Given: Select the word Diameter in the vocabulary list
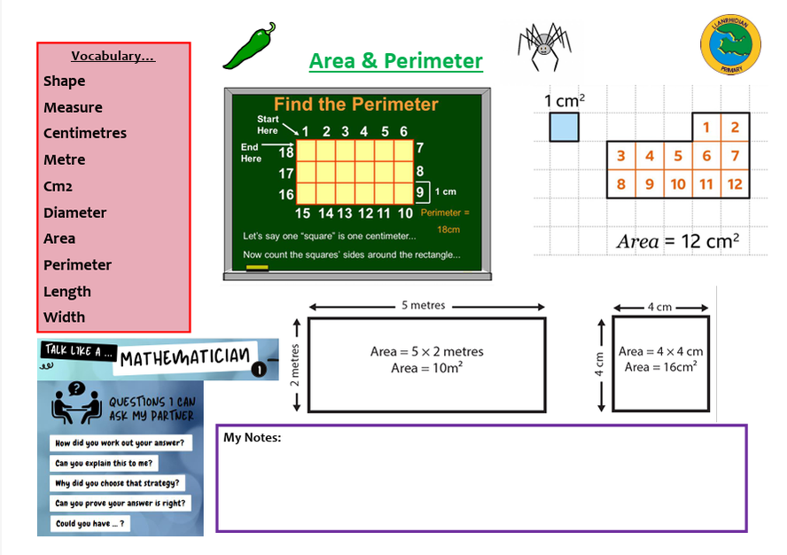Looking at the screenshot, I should (x=74, y=213).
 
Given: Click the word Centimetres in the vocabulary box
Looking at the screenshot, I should (x=85, y=133).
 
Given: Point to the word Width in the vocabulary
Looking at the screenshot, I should (x=65, y=317).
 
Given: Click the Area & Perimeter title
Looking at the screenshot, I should (x=395, y=61).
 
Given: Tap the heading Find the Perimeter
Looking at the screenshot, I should (x=355, y=105).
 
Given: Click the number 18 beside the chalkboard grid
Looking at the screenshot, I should (x=285, y=153).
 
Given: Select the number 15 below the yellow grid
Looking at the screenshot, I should (x=302, y=214).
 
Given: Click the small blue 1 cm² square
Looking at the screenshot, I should (x=564, y=127).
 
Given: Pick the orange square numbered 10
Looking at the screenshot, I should (x=678, y=184).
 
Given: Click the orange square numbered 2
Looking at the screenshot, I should (x=735, y=128).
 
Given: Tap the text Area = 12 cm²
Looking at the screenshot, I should (x=678, y=241).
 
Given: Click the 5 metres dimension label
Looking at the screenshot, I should (x=424, y=306).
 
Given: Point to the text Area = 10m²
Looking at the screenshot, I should (x=426, y=368).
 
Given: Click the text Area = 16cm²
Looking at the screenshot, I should (x=660, y=367).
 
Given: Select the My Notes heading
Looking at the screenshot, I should (x=252, y=437).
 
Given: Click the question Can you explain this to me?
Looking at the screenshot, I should (x=104, y=464).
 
